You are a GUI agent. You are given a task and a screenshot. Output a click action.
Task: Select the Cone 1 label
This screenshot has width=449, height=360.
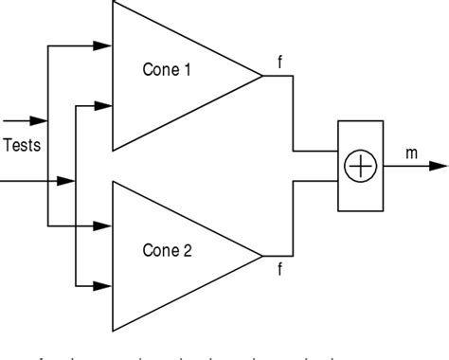tap(167, 69)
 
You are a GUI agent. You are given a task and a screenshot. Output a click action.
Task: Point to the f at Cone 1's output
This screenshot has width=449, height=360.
tap(279, 63)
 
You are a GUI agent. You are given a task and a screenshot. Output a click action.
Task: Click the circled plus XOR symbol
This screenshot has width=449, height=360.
tap(361, 167)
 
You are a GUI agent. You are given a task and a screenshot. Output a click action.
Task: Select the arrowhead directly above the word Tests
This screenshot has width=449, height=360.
tap(38, 121)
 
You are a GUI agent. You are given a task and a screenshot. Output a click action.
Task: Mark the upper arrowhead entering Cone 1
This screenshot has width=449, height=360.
tap(103, 45)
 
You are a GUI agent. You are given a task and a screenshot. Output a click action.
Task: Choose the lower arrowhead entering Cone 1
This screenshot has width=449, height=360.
tap(103, 106)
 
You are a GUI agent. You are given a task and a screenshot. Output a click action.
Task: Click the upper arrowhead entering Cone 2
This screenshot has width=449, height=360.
tap(103, 226)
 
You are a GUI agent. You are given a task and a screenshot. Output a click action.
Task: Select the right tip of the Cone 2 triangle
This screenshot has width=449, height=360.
tap(262, 255)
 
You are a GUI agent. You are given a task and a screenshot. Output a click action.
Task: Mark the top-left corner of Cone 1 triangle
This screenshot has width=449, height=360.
tap(113, 2)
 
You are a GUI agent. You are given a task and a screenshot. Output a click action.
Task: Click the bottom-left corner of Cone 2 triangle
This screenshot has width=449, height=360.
tap(113, 331)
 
